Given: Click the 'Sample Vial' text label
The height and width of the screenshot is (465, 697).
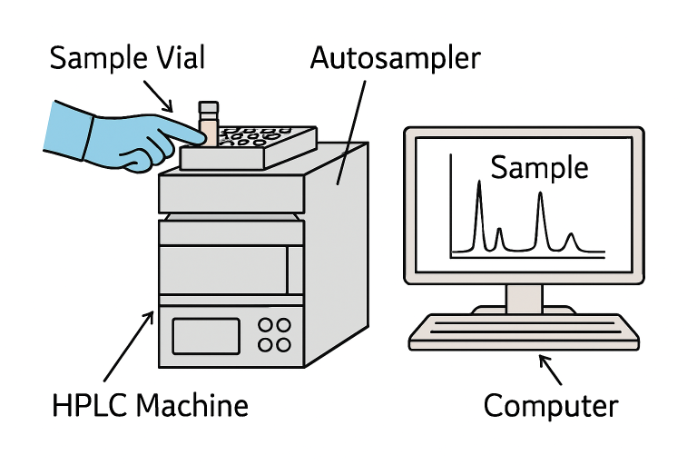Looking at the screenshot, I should click(127, 59).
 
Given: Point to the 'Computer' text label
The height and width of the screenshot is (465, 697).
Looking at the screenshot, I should click(550, 405).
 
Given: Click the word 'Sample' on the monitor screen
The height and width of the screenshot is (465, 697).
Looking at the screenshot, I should click(539, 168).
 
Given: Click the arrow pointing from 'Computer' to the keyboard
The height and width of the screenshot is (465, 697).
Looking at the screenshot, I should click(550, 369).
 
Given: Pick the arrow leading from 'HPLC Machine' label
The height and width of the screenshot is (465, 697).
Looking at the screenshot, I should click(127, 346).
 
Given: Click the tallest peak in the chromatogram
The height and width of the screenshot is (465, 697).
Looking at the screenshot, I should click(479, 186).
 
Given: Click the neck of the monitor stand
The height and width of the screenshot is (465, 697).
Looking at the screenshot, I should click(524, 298).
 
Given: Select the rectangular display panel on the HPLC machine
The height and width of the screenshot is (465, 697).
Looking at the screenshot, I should click(206, 335).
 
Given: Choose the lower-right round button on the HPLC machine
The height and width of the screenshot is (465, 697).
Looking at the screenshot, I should click(284, 344).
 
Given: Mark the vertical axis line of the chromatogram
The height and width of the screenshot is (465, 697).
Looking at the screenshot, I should click(452, 205).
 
